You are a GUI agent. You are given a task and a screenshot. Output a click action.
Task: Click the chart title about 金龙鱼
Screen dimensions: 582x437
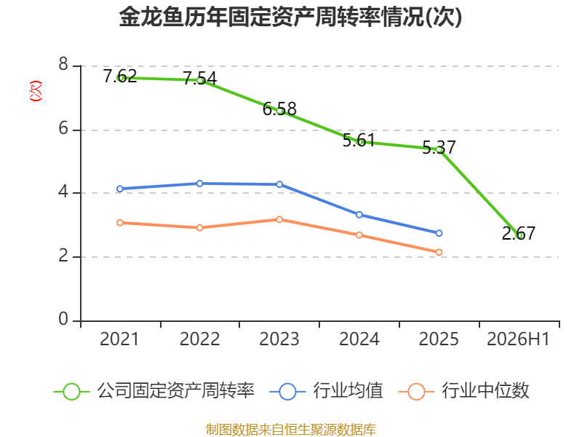click(290, 17)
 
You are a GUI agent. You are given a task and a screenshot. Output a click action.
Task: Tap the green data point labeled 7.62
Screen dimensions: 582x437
click(120, 78)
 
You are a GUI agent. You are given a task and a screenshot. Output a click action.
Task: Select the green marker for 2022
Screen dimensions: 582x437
click(199, 80)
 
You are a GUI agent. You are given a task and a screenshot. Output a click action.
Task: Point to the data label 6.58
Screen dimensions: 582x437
click(279, 109)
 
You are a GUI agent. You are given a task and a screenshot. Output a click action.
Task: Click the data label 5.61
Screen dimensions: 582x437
click(359, 141)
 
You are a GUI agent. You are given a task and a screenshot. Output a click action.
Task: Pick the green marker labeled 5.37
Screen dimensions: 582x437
click(439, 149)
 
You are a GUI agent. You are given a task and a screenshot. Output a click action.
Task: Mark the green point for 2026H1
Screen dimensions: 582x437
click(519, 235)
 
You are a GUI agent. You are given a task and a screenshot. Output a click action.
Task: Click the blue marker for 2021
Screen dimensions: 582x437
click(120, 189)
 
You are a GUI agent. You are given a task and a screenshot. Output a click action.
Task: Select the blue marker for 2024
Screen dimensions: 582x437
click(359, 215)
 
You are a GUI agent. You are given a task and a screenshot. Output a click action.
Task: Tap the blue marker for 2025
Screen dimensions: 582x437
click(439, 233)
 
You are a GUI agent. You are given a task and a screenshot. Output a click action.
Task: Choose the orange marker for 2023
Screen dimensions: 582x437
click(279, 220)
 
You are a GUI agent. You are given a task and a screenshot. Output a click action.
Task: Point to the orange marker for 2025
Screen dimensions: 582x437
click(439, 252)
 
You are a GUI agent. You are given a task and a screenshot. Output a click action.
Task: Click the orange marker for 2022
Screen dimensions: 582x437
click(199, 227)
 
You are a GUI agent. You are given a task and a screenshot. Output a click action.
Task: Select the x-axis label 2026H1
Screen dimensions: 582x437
click(518, 339)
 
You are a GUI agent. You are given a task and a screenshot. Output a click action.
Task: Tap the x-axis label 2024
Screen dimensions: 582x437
click(359, 339)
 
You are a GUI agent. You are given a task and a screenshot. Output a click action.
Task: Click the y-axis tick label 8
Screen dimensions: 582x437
click(63, 64)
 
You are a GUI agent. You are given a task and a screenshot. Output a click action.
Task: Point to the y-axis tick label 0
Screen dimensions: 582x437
click(63, 319)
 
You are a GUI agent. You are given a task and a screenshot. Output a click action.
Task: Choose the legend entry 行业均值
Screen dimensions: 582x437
click(326, 391)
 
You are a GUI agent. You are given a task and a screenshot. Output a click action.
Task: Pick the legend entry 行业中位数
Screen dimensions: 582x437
click(463, 391)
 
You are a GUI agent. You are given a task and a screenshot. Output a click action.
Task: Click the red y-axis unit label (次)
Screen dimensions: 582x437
click(36, 91)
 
